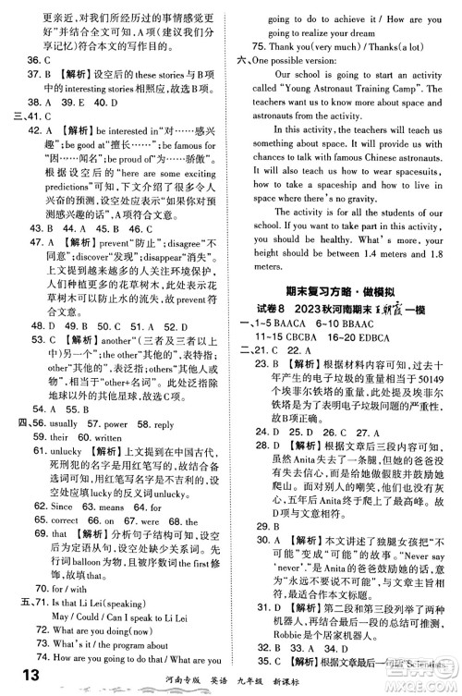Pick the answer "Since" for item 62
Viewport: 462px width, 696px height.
coord(61,481)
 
